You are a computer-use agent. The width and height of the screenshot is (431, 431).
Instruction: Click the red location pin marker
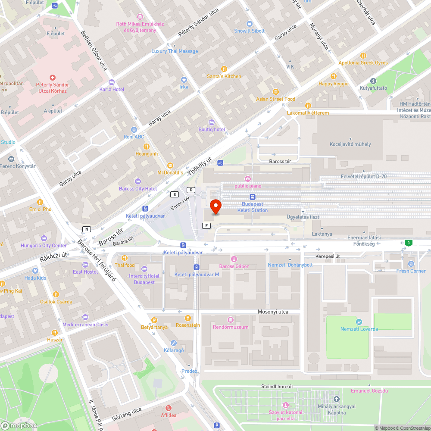pyautogui.click(x=215, y=206)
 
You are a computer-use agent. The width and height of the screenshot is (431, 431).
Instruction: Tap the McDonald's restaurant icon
pyautogui.click(x=170, y=166)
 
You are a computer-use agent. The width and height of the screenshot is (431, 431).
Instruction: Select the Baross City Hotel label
pyautogui.click(x=138, y=189)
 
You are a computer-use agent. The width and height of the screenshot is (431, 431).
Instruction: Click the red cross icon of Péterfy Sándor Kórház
pyautogui.click(x=53, y=78)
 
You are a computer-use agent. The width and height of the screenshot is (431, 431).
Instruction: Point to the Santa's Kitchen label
pyautogui.click(x=224, y=76)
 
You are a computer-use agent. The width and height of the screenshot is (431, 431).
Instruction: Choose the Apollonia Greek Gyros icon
pyautogui.click(x=363, y=56)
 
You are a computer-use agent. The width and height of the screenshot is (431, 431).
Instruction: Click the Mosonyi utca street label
pyautogui.click(x=273, y=312)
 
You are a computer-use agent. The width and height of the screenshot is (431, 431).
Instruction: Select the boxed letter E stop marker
pyautogui.click(x=175, y=194)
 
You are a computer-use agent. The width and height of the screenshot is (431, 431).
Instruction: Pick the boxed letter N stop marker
pyautogui.click(x=87, y=229)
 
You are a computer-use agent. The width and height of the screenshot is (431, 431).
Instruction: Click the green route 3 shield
pyautogui.click(x=408, y=243)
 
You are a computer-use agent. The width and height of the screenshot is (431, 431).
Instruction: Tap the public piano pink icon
pyautogui.click(x=248, y=179)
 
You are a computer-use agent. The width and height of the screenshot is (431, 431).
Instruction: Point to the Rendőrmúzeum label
pyautogui.click(x=231, y=327)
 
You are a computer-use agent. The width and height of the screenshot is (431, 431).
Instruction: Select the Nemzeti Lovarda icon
pyautogui.click(x=359, y=322)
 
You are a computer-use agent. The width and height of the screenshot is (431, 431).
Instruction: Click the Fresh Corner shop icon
pyautogui.click(x=411, y=264)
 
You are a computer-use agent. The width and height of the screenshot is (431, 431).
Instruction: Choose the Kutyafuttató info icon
pyautogui.click(x=373, y=81)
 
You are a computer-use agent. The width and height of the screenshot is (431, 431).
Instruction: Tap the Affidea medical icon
pyautogui.click(x=169, y=408)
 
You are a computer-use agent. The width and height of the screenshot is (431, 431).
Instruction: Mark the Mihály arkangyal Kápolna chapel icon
pyautogui.click(x=337, y=399)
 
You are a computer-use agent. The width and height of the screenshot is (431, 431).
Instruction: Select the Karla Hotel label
pyautogui.click(x=112, y=89)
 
